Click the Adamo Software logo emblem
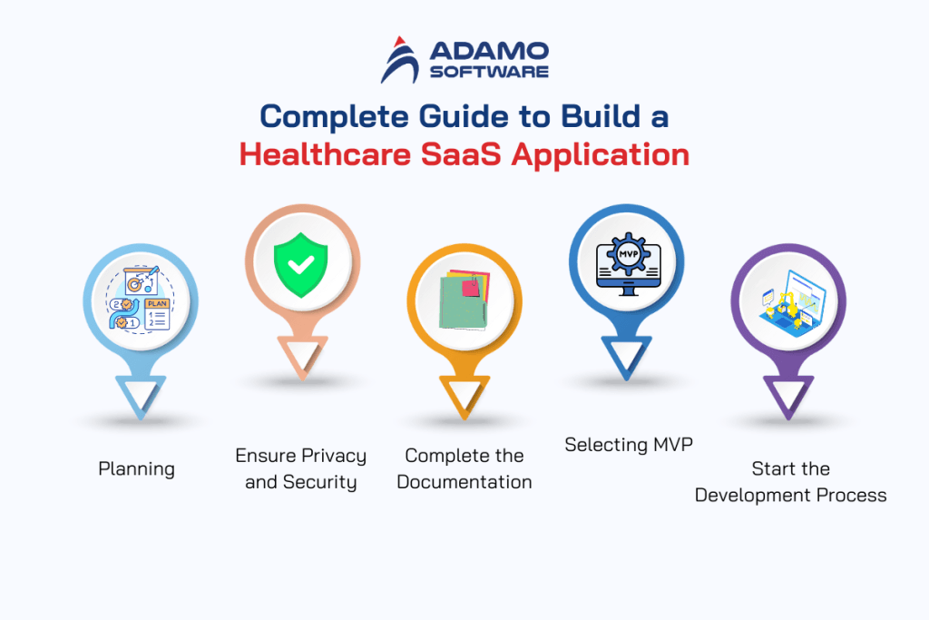click(x=401, y=59)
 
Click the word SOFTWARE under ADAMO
click(x=490, y=72)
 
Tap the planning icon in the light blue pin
click(x=141, y=302)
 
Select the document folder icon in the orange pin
click(x=464, y=300)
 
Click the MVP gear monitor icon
click(x=625, y=261)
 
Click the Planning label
click(x=136, y=469)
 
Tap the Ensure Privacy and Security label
click(x=301, y=468)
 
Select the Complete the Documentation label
click(x=464, y=468)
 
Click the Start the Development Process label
click(x=790, y=482)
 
